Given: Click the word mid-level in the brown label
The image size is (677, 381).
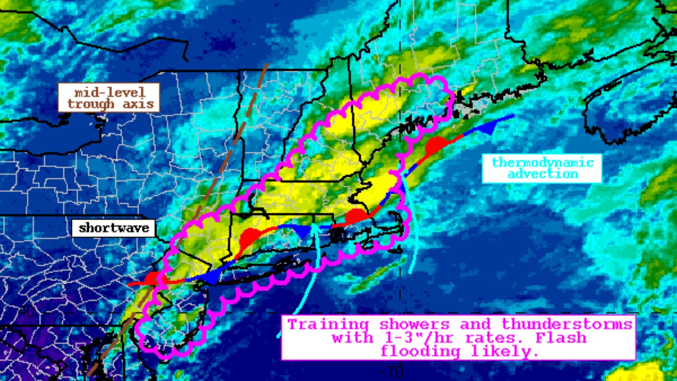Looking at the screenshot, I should pos(109,92).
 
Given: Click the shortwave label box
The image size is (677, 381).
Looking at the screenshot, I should pos(114,229).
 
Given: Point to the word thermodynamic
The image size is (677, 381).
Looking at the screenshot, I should pos(543,162).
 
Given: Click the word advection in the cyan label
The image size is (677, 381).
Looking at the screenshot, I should pos(543,174).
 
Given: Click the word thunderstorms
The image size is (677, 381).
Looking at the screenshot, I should pos(567,324).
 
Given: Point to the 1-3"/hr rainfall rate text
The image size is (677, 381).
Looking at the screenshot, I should pos(418,338).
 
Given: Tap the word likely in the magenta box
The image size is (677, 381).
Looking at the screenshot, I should pos(505,351).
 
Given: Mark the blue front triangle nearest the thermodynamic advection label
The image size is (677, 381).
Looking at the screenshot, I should pos(489,127).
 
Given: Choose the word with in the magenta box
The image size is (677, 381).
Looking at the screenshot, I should pos(351,338).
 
